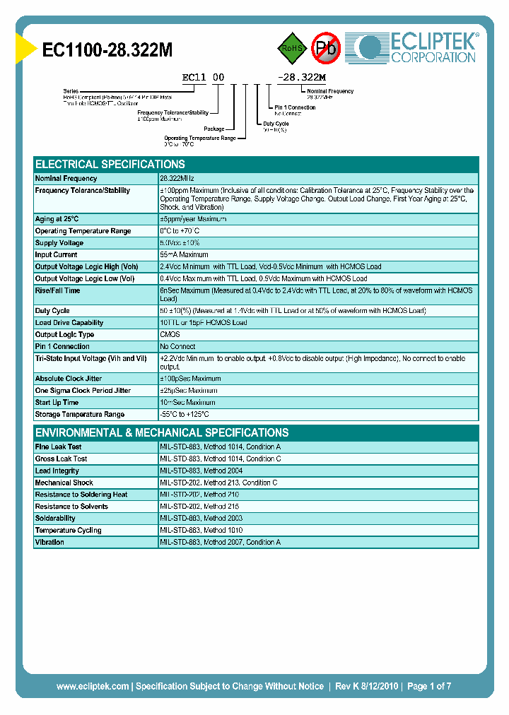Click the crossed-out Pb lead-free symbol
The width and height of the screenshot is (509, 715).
[x=326, y=48]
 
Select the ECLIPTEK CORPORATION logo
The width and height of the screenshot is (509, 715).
[x=417, y=47]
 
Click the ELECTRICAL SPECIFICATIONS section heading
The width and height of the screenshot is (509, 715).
[x=110, y=164]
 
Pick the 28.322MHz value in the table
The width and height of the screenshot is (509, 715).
[x=177, y=179]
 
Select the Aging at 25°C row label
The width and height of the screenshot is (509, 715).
[x=57, y=219]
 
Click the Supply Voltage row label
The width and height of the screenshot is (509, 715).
[x=59, y=243]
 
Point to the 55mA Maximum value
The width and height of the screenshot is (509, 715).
[x=184, y=255]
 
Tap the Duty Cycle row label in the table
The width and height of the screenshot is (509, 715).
[x=52, y=311]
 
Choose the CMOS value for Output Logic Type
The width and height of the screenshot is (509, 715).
[x=170, y=335]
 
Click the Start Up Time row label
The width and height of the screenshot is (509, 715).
[x=57, y=403]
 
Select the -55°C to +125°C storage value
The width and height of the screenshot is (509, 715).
[x=185, y=415]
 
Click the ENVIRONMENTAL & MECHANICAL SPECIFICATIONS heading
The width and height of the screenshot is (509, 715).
[x=162, y=432]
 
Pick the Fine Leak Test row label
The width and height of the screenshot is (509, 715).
[x=58, y=447]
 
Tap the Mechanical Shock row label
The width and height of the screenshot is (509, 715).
[x=64, y=483]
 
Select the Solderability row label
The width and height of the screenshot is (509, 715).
[x=55, y=519]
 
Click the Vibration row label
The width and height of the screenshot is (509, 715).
[x=49, y=543]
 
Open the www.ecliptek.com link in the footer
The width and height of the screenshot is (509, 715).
[x=93, y=686]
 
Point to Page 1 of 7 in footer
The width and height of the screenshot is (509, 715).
[x=429, y=686]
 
